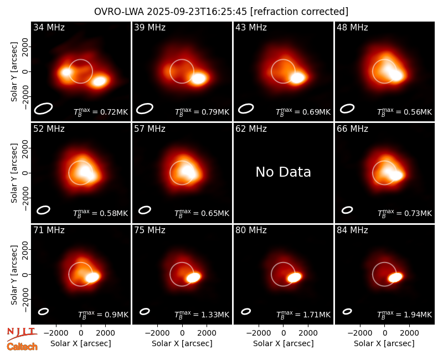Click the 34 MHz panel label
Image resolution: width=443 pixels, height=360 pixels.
[x=49, y=27]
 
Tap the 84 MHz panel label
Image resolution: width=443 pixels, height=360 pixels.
[x=352, y=230]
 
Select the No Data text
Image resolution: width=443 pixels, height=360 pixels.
[x=283, y=172]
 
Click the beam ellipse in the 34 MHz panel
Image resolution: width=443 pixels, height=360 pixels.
[x=44, y=108]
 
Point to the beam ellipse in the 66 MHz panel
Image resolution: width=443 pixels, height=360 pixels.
[x=347, y=210]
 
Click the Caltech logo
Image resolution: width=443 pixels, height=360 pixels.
[x=22, y=347]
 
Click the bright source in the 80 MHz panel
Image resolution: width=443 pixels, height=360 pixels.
[x=295, y=277]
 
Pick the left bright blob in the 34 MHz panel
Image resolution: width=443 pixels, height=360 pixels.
[x=66, y=72]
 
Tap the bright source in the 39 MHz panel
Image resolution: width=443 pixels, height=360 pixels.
[x=198, y=78]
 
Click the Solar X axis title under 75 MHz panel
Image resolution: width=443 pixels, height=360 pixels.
[x=182, y=343]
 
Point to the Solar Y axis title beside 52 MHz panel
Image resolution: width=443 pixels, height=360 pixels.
[x=14, y=173]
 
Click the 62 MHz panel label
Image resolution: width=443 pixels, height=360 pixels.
[x=251, y=129]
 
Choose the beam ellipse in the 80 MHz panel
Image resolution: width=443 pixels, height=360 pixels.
[x=246, y=311]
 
